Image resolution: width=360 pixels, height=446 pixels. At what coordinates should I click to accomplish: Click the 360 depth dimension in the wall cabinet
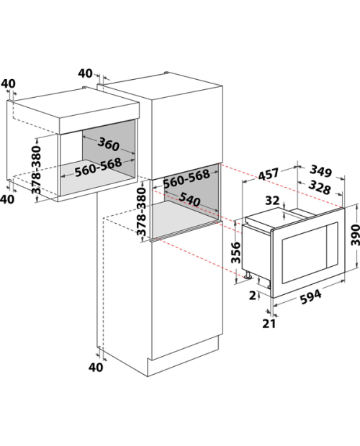(109, 144)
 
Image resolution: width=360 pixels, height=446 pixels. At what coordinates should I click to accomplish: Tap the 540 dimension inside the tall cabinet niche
(190, 199)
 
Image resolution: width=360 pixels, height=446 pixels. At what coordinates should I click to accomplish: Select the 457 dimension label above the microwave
(268, 174)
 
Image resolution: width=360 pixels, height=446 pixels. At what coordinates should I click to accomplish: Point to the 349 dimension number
(320, 170)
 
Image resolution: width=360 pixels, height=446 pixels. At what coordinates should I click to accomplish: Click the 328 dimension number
(320, 187)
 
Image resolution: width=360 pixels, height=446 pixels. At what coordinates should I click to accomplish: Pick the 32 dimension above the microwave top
(272, 201)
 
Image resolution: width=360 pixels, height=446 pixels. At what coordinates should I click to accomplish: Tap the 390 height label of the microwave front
(355, 235)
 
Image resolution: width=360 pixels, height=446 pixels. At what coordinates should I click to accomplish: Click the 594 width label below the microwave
(311, 296)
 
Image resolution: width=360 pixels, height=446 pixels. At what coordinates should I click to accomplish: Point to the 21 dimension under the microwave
(269, 324)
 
